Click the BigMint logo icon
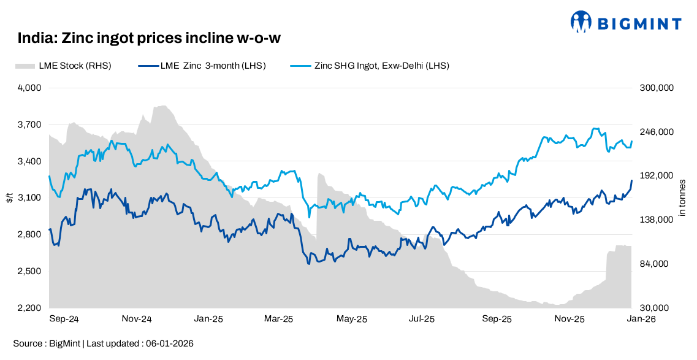581,22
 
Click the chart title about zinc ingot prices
149,38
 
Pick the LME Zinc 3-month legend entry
202,66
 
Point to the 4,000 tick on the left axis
29,88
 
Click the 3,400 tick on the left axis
29,161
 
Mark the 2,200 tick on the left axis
29,308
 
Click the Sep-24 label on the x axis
64,319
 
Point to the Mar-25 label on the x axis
279,319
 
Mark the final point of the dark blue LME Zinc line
632,180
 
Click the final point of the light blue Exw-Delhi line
632,142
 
